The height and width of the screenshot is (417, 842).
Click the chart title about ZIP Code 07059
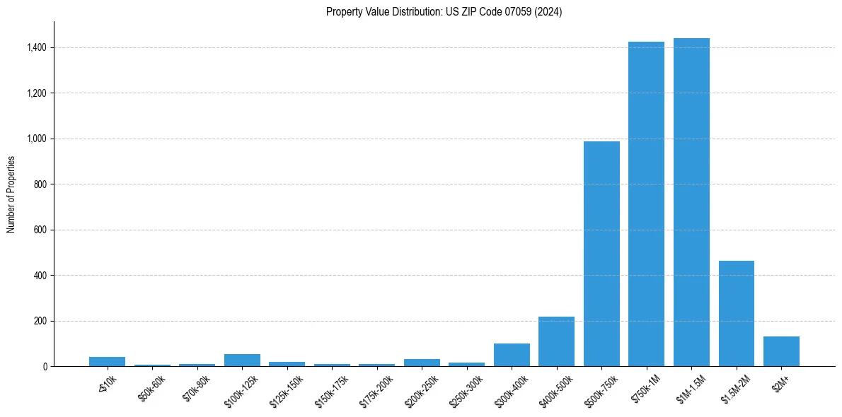point(444,12)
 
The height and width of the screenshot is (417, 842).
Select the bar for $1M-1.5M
point(691,202)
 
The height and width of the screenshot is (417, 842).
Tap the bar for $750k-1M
point(646,204)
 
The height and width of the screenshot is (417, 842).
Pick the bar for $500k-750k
point(601,254)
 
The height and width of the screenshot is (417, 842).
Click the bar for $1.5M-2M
point(736,313)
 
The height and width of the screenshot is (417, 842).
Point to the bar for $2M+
point(781,351)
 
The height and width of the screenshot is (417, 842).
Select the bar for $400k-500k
point(556,341)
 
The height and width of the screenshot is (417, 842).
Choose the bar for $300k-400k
point(512,355)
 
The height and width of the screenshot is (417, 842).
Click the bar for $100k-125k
point(242,360)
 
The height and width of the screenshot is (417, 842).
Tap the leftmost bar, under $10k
point(107,361)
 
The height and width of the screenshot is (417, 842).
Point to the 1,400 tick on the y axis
point(38,47)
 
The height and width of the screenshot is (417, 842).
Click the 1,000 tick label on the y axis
point(38,139)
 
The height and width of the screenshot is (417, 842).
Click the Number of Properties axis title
point(11,194)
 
